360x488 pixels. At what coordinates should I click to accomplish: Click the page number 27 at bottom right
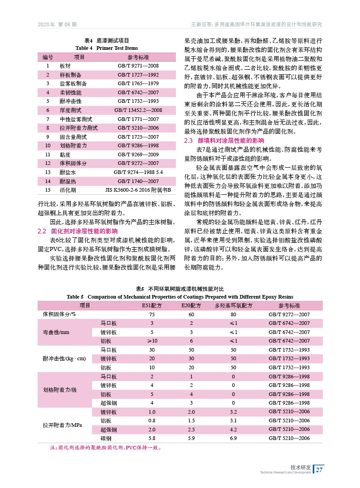tap(319, 469)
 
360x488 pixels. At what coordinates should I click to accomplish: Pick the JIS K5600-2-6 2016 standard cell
tap(138, 189)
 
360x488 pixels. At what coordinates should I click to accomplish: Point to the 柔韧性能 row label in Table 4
tap(70, 92)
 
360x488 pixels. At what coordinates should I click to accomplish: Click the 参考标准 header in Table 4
tap(138, 57)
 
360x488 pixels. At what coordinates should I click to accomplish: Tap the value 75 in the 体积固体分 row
tap(152, 314)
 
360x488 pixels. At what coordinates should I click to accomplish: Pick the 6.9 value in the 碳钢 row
tap(234, 438)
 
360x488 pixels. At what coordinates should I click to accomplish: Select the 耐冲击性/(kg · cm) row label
tap(64, 358)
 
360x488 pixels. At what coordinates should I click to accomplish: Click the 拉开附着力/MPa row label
tap(63, 425)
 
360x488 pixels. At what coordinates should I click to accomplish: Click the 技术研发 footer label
tap(301, 467)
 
